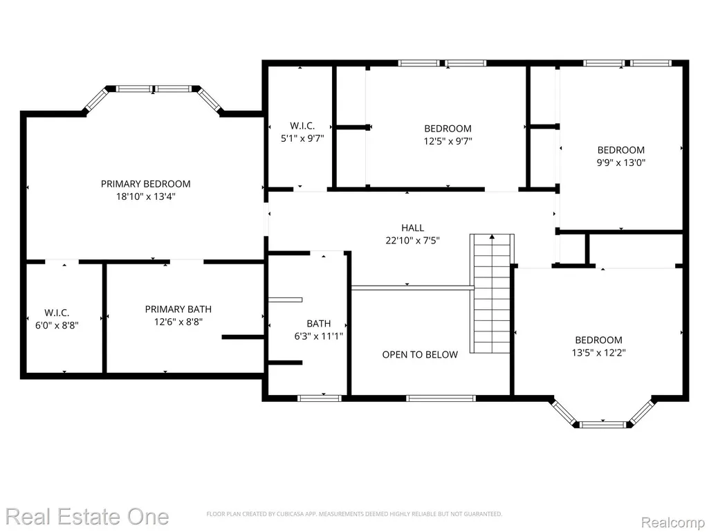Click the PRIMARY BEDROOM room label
coord(145,183)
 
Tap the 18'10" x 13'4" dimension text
coord(145,196)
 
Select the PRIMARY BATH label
coord(178,309)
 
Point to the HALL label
coord(413,228)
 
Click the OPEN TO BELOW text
coord(420,355)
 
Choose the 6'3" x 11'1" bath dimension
coord(319,336)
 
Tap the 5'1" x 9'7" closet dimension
coord(302,138)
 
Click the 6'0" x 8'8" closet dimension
coord(57,325)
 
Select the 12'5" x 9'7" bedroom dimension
coord(448,141)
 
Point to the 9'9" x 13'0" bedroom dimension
coord(621,163)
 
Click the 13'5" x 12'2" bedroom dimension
coord(598,352)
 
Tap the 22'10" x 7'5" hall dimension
coord(413,240)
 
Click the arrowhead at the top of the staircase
coord(492,237)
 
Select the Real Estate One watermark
coord(87,517)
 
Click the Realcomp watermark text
coord(673,522)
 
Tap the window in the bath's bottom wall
coord(320,398)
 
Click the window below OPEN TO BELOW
coord(441,398)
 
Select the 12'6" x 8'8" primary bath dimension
coord(178,322)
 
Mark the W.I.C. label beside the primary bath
coord(57,313)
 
